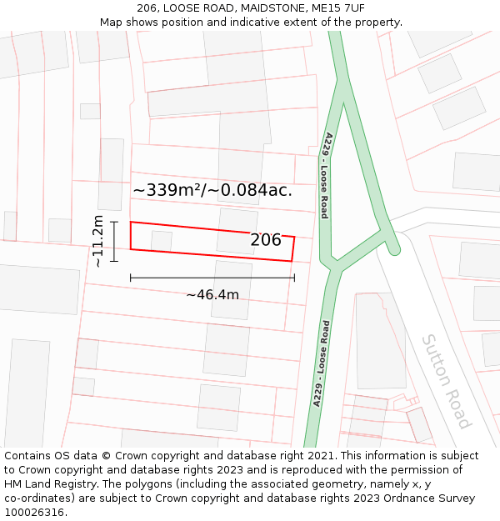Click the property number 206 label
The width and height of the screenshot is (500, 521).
coord(266,240)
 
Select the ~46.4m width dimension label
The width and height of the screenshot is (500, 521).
coord(212,294)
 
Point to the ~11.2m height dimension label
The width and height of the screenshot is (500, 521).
coord(98,241)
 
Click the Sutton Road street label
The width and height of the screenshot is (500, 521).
coord(446,380)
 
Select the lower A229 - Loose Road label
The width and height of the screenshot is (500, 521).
coord(321,363)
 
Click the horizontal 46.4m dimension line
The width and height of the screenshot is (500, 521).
coord(212,277)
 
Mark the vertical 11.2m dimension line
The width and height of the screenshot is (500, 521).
coord(114,241)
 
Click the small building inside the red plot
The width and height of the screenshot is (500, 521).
coord(162,240)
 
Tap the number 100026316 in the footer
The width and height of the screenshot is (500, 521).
coord(34,513)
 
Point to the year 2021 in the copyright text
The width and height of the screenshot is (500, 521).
coord(319,456)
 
